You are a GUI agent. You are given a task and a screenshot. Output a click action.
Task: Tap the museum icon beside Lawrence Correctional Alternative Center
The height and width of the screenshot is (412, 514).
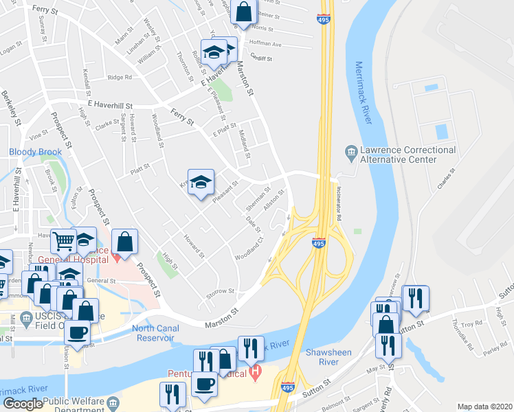[x=351, y=150]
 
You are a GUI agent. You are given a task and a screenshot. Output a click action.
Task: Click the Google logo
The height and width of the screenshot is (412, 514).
[x=22, y=404]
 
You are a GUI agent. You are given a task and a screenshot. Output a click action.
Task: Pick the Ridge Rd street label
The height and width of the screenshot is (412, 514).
[x=118, y=78]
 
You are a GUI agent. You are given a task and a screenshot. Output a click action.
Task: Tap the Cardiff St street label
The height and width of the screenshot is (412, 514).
[x=262, y=58]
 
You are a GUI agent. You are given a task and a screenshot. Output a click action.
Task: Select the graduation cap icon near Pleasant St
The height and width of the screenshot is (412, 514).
[x=201, y=183]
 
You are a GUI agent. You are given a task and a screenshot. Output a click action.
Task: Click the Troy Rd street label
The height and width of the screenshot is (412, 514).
[x=472, y=323]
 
